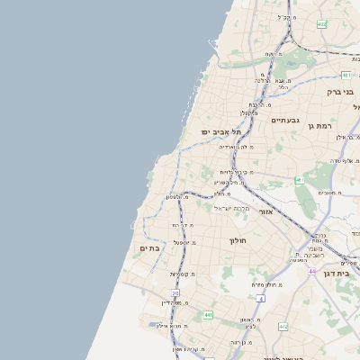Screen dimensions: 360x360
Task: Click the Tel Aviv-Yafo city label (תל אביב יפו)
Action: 218,132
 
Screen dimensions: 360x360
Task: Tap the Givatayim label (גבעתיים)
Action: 284,120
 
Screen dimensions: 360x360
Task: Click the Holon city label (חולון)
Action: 238,240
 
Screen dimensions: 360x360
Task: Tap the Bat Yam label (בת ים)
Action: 149,247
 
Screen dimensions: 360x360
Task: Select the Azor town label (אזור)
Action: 265,211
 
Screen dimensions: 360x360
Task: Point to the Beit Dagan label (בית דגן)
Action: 337,273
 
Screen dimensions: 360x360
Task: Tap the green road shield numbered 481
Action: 346,76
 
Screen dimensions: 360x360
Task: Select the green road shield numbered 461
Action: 300,181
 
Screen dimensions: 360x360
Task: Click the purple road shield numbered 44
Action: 311,271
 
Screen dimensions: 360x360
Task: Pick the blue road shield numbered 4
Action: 259,298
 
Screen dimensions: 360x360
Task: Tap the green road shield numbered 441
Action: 208,315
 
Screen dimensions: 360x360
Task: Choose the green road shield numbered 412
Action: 283,327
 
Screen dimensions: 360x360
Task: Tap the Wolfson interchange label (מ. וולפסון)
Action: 178,197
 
